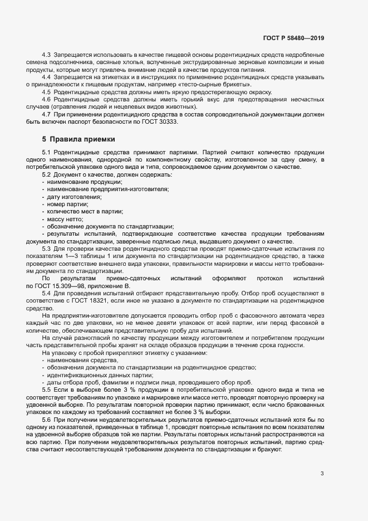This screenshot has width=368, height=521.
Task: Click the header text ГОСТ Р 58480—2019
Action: [293, 38]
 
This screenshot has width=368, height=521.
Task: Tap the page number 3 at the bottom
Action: [322, 474]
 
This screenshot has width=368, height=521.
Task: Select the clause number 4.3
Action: [47, 55]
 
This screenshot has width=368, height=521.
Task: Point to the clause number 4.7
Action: [47, 114]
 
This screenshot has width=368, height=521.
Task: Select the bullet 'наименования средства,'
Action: [79, 360]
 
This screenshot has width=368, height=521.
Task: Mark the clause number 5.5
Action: [47, 389]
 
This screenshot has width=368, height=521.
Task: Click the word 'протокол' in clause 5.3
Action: [269, 278]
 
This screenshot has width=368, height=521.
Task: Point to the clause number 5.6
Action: [47, 418]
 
